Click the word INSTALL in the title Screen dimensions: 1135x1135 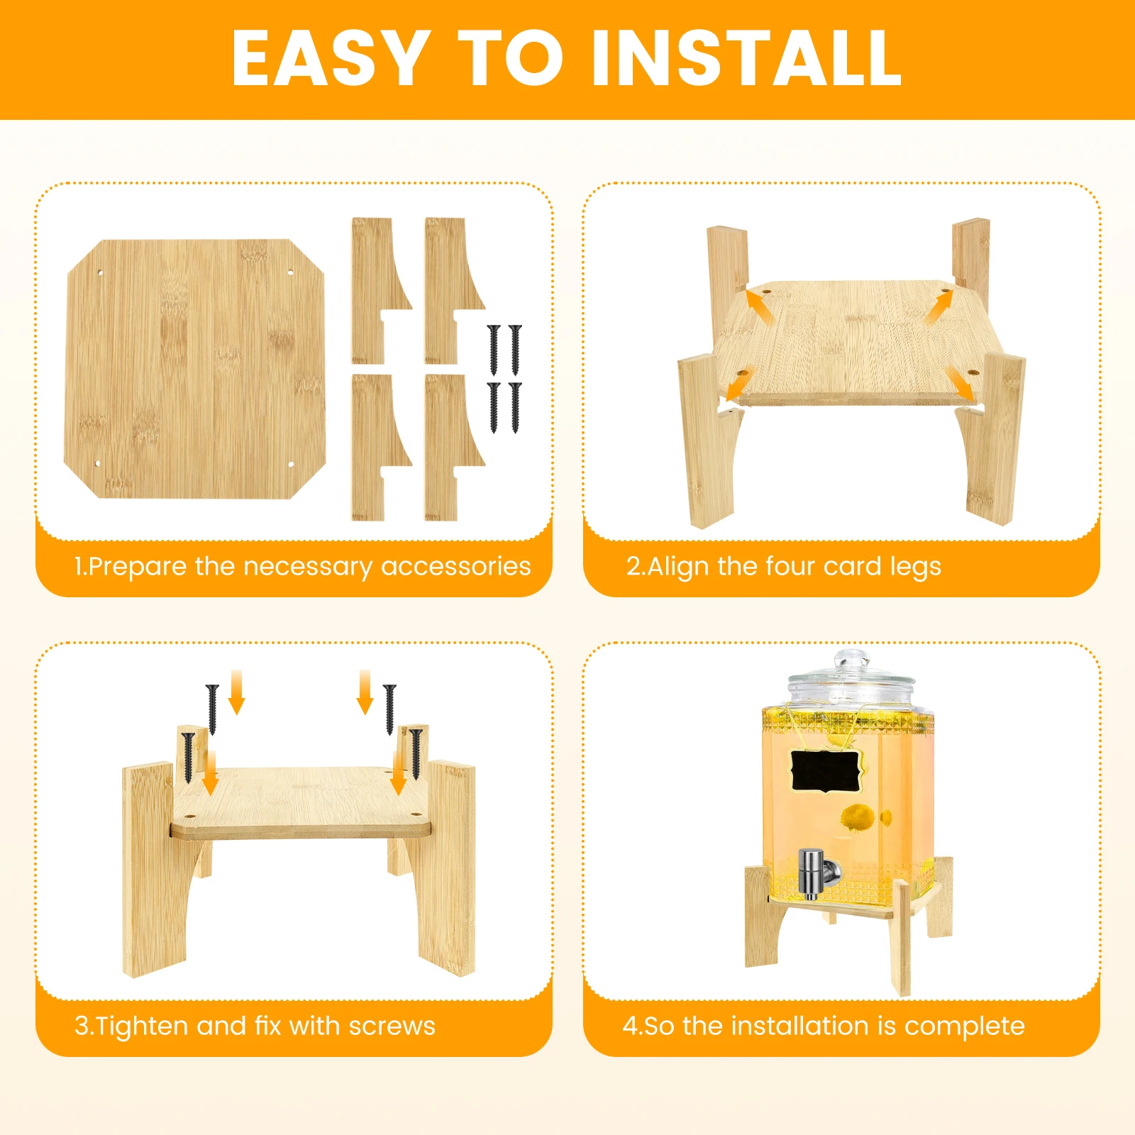(746, 58)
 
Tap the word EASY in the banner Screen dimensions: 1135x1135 (331, 58)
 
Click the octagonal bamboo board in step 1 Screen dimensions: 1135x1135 (195, 369)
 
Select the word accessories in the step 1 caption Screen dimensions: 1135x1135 (456, 566)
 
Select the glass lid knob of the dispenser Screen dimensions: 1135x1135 (851, 662)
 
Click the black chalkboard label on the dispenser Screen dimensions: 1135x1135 (825, 771)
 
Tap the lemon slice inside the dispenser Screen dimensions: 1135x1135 (858, 818)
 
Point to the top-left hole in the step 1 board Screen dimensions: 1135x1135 (100, 272)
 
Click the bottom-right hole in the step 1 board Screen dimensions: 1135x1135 (291, 465)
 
